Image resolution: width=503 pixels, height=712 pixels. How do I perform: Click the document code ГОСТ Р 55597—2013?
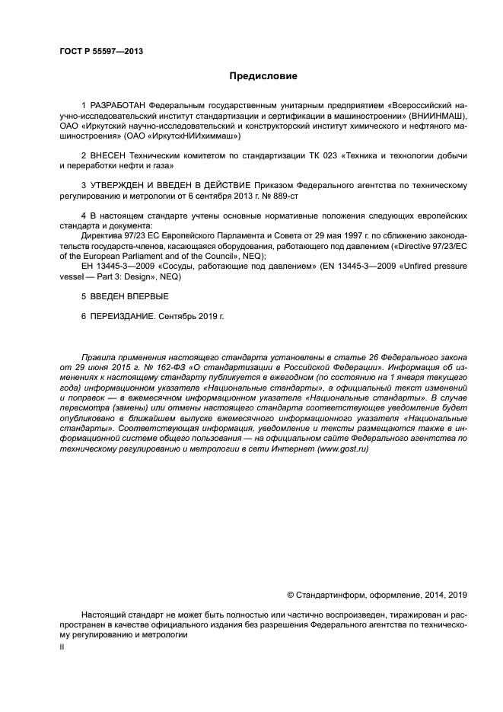[101, 51]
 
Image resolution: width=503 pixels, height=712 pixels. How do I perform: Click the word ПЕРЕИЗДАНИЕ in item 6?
[122, 315]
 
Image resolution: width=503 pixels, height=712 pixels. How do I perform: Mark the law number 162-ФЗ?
[152, 367]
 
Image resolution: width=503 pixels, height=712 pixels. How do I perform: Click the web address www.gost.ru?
[344, 449]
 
